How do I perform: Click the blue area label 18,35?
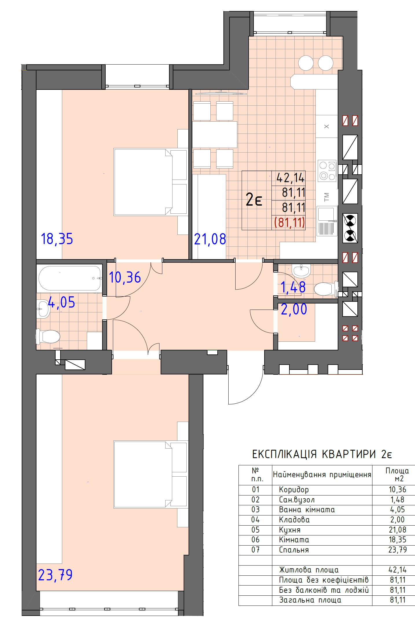pos(57,239)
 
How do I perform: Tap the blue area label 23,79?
pos(55,575)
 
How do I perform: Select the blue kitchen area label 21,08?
pos(210,239)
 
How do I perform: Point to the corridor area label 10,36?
pos(125,277)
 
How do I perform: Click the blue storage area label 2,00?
pos(294,309)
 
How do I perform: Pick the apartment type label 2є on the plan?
pos(254,200)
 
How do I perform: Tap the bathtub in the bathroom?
pos(69,278)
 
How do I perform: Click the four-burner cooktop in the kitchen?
pos(327,171)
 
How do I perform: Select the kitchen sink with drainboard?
pos(327,221)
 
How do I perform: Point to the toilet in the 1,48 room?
pos(326,289)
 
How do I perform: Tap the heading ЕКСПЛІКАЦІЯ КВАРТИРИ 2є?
pos(322,454)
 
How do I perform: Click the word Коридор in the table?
pos(294,490)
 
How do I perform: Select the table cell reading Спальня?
pos(294,550)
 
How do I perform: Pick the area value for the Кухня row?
pos(397,530)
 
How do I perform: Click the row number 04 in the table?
pos(256,520)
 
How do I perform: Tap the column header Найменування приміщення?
pos(322,475)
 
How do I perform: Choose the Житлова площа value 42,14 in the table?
pos(397,570)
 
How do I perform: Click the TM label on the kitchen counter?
pos(327,197)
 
